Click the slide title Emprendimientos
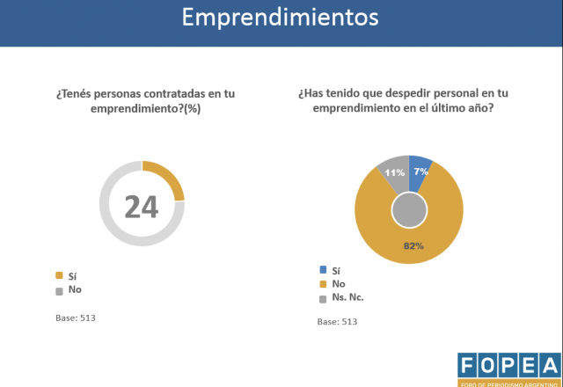[x=281, y=18]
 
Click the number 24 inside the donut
[x=141, y=206]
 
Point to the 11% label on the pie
[x=393, y=172]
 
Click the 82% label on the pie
[x=413, y=245]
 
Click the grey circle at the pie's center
[x=409, y=211]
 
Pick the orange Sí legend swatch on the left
[x=59, y=275]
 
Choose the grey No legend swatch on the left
[x=59, y=289]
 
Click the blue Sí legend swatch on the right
[x=323, y=270]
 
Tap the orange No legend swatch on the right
[x=323, y=283]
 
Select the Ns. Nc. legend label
[x=349, y=297]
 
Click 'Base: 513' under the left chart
[x=75, y=317]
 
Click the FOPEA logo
[x=508, y=368]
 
